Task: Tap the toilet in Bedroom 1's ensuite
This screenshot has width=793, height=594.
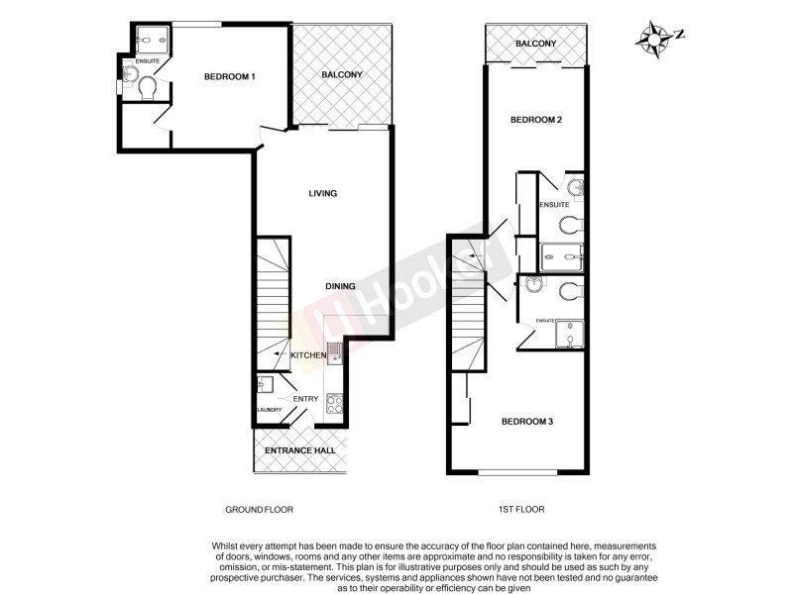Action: point(148,90)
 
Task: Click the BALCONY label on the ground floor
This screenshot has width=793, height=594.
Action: point(342,75)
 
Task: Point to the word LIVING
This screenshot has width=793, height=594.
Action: point(323,193)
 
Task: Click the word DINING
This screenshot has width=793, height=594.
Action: point(340,286)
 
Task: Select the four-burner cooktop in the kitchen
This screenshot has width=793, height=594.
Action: point(334,404)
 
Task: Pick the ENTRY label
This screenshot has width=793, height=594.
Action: point(305,399)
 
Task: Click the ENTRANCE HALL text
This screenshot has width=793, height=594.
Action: point(299,450)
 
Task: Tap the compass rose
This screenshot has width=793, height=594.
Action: point(655,39)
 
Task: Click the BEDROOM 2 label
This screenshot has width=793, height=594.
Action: point(536,120)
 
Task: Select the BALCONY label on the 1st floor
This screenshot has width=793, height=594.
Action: point(535,44)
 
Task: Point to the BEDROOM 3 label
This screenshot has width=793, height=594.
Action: point(526,422)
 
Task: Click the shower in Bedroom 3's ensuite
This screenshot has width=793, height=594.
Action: point(569,336)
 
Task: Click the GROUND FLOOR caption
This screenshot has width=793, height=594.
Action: point(260,510)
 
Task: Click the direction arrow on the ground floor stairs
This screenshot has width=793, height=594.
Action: point(279,354)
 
